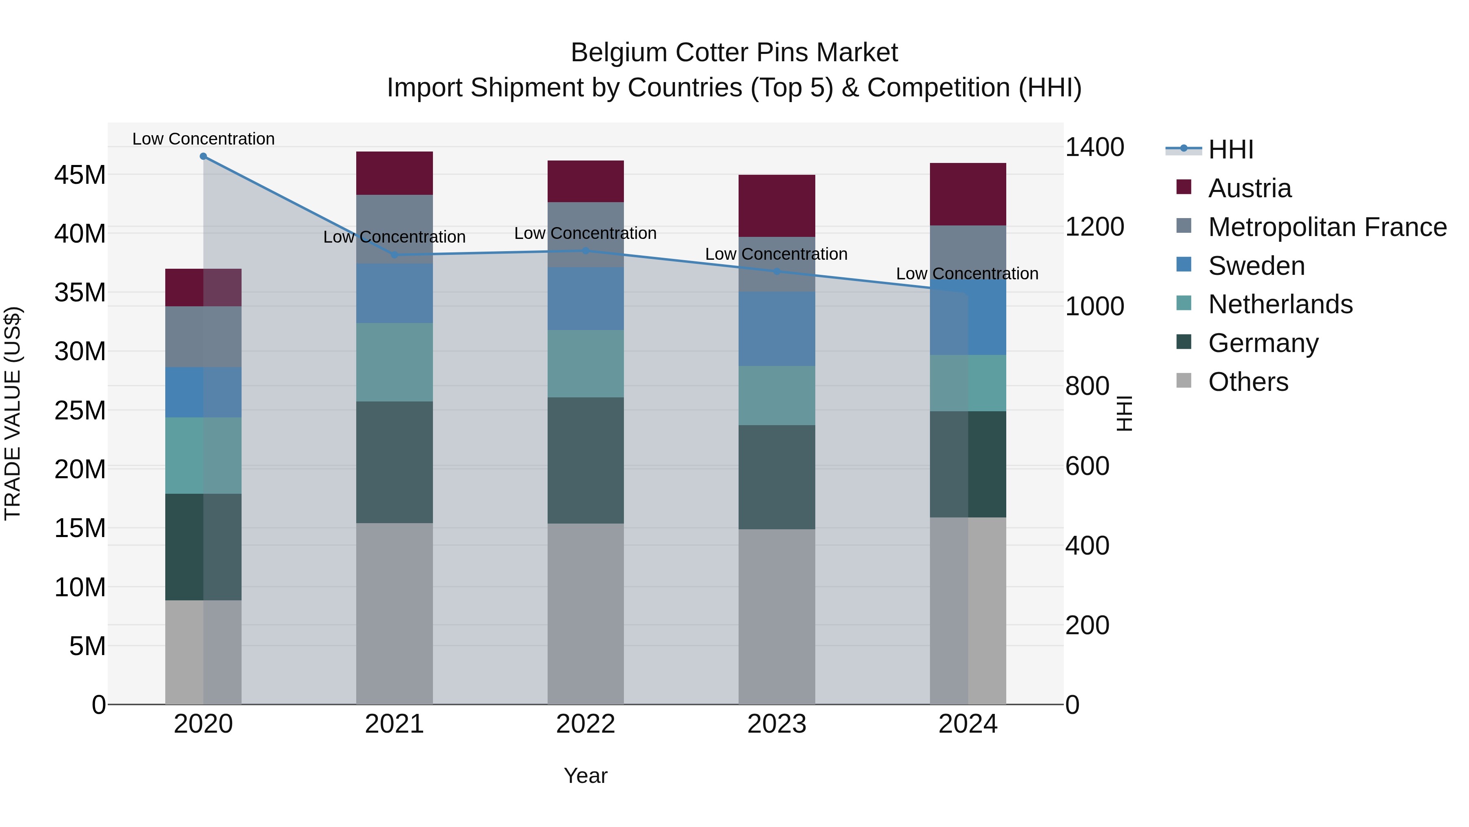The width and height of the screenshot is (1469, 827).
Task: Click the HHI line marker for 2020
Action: coord(203,156)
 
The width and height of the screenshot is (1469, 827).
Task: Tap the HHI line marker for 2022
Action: coord(585,251)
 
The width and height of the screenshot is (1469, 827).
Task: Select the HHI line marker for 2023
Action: coord(776,271)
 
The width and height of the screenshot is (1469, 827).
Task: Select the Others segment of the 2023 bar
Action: coord(776,616)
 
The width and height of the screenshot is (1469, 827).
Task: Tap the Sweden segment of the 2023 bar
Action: coord(776,329)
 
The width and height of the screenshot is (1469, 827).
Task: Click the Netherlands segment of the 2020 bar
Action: coord(203,455)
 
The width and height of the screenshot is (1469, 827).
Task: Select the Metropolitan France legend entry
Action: coord(1327,227)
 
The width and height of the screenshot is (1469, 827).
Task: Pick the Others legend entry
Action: coord(1248,382)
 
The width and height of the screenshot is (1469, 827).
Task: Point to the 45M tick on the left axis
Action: coord(80,175)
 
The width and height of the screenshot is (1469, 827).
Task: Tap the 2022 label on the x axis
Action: coord(585,724)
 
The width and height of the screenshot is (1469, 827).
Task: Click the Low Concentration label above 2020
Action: coord(203,139)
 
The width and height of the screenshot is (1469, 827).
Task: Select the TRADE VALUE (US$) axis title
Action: coord(13,413)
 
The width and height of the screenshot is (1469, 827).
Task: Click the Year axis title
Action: coord(585,776)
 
